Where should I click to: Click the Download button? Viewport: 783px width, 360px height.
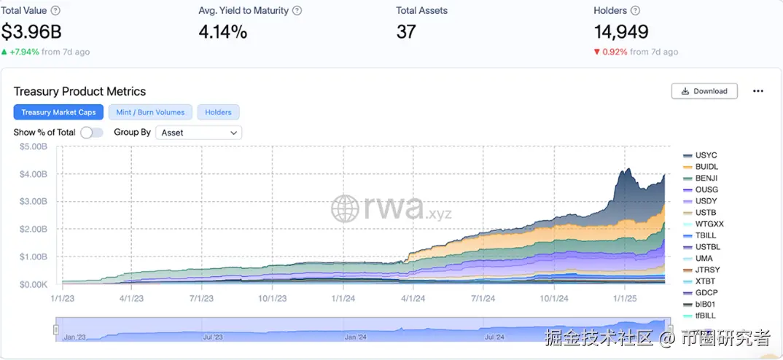coord(704,91)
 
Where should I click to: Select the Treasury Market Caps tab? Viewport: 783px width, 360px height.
coord(58,112)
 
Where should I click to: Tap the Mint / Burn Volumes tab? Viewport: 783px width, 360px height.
coord(150,112)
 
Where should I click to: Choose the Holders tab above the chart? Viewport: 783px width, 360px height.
coord(218,112)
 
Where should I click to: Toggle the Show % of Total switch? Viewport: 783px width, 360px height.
coord(91,133)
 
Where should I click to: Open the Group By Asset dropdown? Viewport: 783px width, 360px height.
coord(199,133)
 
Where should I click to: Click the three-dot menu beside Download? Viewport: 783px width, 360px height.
coord(758,91)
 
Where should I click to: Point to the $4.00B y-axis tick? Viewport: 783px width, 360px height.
coord(34,174)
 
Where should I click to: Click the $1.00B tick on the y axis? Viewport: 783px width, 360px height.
coord(34,257)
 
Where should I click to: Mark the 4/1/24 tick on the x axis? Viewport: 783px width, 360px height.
coord(413,297)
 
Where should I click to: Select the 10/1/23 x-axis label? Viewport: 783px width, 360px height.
coord(271,297)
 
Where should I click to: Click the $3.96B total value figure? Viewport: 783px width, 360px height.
coord(31,32)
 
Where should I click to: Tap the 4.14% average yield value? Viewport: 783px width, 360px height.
coord(222,32)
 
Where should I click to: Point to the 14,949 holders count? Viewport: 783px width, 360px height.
coord(621,32)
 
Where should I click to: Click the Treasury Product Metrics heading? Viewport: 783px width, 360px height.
coord(79,91)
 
